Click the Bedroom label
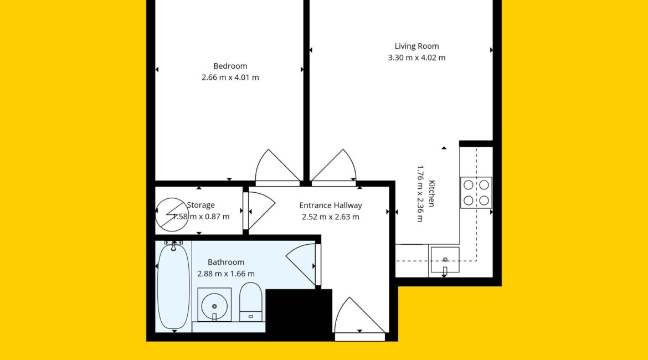(230, 66)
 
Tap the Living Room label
(416, 47)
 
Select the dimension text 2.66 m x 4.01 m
(230, 78)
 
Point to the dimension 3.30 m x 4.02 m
(416, 58)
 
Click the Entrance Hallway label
(331, 205)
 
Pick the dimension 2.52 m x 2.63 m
(331, 217)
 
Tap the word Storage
(201, 205)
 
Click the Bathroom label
(226, 262)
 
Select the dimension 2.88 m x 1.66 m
(226, 274)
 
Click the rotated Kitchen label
(431, 193)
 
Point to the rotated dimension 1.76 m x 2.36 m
(420, 193)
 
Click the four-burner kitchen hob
(476, 193)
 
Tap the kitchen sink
(445, 260)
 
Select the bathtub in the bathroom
(174, 285)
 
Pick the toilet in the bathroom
(251, 302)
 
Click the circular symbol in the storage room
(172, 214)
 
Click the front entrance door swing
(359, 316)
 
